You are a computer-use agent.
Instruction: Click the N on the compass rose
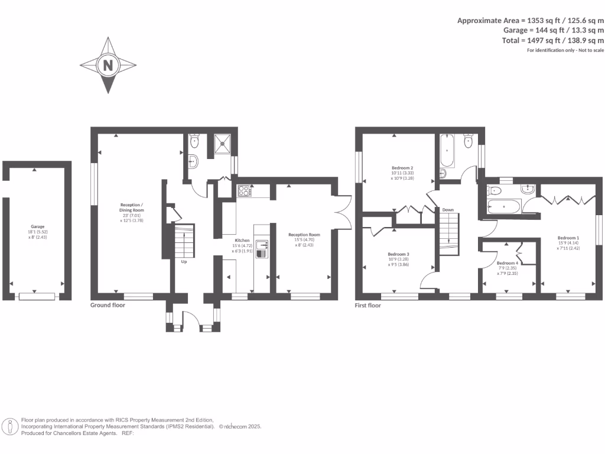pyautogui.click(x=108, y=65)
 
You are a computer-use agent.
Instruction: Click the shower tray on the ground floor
pyautogui.click(x=223, y=142)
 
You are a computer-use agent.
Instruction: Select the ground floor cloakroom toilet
pyautogui.click(x=195, y=142)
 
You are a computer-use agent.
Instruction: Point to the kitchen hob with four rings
pyautogui.click(x=243, y=190)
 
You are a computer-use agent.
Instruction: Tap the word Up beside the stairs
pyautogui.click(x=184, y=261)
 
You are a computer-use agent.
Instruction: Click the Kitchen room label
pyautogui.click(x=242, y=241)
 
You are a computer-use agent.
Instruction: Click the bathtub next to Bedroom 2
pyautogui.click(x=446, y=151)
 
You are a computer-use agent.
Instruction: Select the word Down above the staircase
pyautogui.click(x=448, y=210)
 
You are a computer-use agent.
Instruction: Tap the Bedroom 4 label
pyautogui.click(x=508, y=264)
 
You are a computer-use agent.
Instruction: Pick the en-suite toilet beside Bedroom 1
pyautogui.click(x=494, y=190)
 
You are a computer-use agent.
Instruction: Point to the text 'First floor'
pyautogui.click(x=367, y=306)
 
